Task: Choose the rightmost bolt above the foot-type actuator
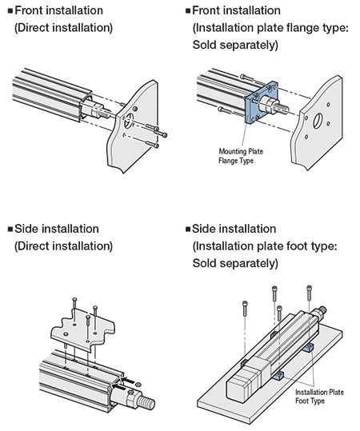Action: point(307,292)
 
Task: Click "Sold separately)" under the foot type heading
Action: point(235,263)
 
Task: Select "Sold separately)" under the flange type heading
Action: point(235,45)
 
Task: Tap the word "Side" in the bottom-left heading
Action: point(29,229)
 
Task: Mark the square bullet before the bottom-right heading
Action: point(189,229)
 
